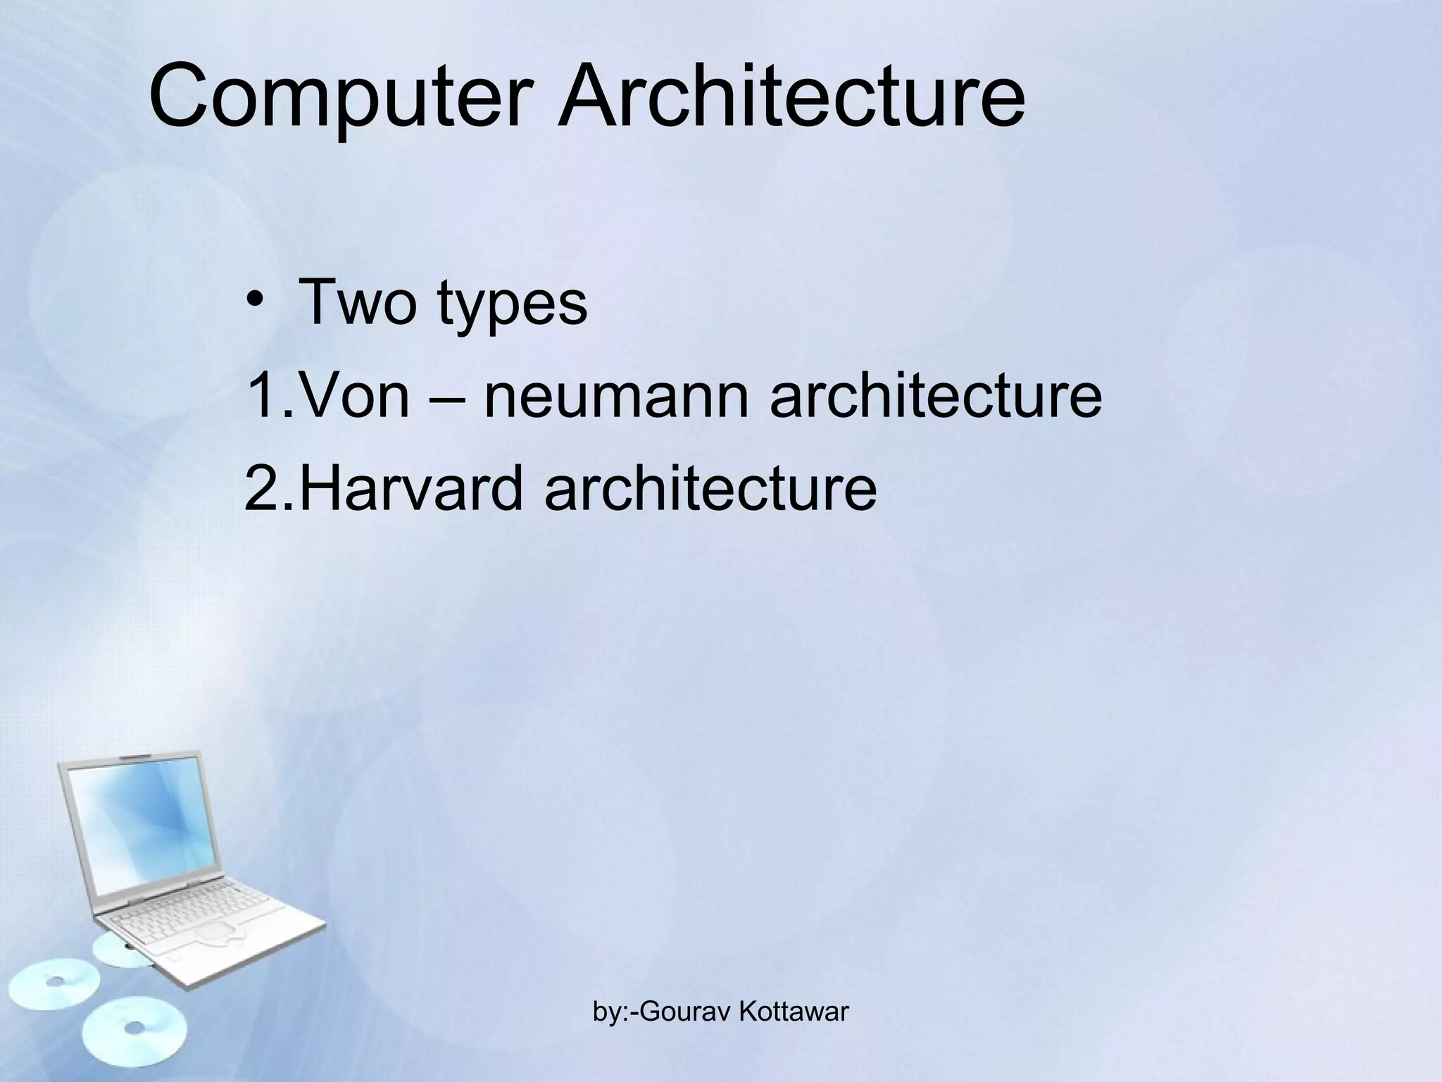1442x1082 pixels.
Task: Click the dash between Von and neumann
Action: (x=446, y=397)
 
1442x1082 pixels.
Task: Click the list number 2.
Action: (x=264, y=487)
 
